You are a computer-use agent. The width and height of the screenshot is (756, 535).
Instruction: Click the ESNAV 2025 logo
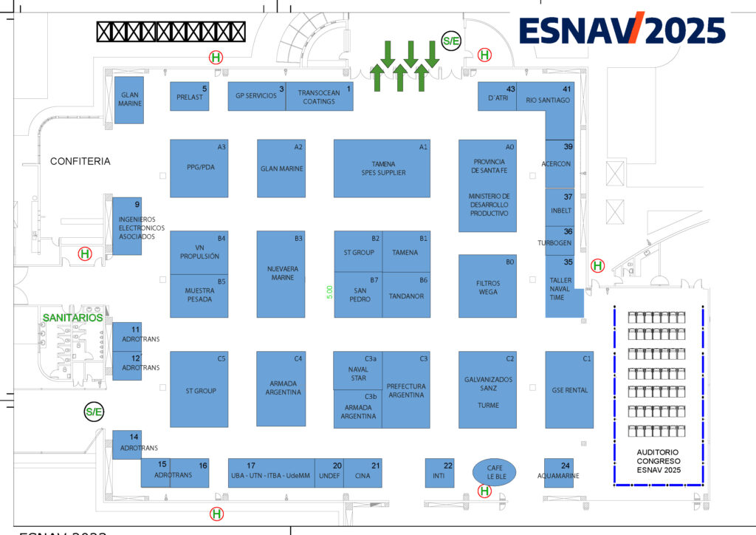coord(622,30)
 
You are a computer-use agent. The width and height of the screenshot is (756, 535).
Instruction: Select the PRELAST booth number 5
coord(190,96)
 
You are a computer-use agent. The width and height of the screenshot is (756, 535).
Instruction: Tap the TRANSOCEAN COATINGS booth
coord(319,97)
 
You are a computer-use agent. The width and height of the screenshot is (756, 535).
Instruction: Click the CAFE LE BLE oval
coord(494,471)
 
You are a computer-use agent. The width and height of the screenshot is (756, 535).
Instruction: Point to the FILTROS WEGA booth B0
coord(487,287)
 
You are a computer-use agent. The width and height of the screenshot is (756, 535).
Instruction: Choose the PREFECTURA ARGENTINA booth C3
coord(406,389)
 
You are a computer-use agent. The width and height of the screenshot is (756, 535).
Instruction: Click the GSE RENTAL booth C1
coord(569,389)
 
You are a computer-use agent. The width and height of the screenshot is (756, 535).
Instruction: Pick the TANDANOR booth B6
coord(406,295)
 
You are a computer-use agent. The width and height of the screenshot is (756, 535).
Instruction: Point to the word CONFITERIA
coord(80,161)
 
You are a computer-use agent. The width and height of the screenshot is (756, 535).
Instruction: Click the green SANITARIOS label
coord(72,317)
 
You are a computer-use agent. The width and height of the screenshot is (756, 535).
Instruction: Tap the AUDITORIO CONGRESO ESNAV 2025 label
coord(657,460)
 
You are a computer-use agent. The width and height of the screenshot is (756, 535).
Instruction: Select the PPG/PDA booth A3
coord(199,168)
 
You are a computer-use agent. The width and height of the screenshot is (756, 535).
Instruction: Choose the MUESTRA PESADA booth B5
coord(199,296)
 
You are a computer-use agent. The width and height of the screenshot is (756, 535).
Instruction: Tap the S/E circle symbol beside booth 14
coord(94,412)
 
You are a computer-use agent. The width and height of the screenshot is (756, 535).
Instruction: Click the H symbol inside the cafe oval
coord(485,490)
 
